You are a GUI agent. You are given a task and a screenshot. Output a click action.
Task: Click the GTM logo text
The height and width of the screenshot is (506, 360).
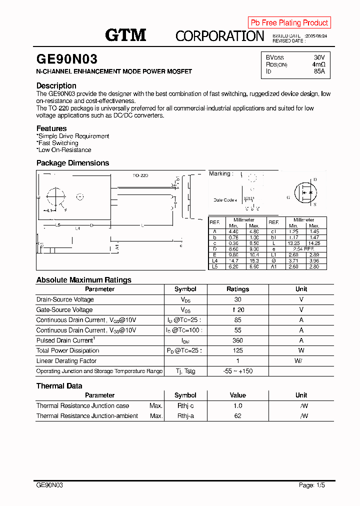[x=125, y=34]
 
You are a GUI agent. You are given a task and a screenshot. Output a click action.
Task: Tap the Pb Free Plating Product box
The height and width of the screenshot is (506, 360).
[x=289, y=22]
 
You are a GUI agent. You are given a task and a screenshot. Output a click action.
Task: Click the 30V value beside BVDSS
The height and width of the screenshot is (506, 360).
[x=319, y=57]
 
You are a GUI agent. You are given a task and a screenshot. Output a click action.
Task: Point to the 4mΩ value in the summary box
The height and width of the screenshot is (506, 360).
[x=318, y=64]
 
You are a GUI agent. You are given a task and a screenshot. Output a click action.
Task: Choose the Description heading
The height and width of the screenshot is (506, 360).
[x=56, y=85]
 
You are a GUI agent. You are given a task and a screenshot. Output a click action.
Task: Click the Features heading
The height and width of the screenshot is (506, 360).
[x=51, y=128]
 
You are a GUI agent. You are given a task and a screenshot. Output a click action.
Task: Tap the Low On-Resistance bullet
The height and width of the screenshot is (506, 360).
[x=64, y=150]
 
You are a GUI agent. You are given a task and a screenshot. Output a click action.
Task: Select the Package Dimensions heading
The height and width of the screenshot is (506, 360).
[x=72, y=163]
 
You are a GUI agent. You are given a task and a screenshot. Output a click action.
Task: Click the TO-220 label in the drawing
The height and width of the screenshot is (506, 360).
[x=140, y=175]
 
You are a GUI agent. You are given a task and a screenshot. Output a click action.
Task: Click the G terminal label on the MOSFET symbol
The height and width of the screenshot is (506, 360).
[x=288, y=197]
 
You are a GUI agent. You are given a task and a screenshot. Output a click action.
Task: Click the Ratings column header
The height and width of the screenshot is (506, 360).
[x=237, y=289]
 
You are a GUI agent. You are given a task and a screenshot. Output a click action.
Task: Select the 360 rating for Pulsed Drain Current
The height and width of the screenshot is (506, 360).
[x=237, y=340]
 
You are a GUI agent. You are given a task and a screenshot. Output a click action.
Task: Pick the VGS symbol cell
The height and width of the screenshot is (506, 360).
[x=185, y=310]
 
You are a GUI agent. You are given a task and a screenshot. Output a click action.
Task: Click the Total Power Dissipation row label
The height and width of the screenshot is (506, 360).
[x=67, y=350]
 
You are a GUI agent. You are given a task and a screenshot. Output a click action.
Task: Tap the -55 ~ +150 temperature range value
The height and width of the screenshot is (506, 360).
[x=237, y=371]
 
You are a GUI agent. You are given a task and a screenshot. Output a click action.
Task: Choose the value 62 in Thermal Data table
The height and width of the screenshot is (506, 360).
[x=237, y=416]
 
